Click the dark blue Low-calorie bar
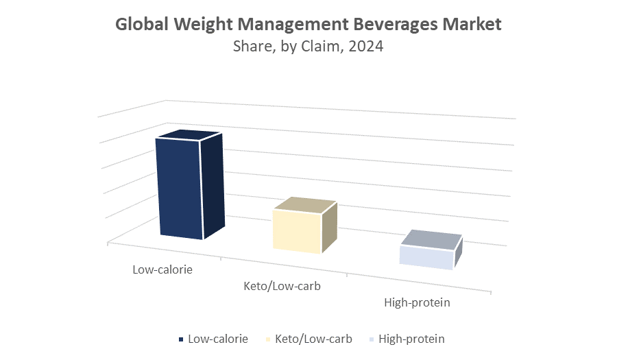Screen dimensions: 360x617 pos(180,189)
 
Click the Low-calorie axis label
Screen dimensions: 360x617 pos(162,269)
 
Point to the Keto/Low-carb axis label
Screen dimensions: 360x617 pos(282,285)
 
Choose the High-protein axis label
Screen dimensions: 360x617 pos(417,302)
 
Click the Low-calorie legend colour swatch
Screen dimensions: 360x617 pos(181,339)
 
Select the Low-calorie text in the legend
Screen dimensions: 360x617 pos(218,339)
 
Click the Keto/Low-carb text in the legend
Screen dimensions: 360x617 pos(313,339)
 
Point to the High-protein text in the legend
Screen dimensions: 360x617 pos(411,339)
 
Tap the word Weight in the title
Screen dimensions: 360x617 pos(198,25)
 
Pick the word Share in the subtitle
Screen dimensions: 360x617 pos(250,47)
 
